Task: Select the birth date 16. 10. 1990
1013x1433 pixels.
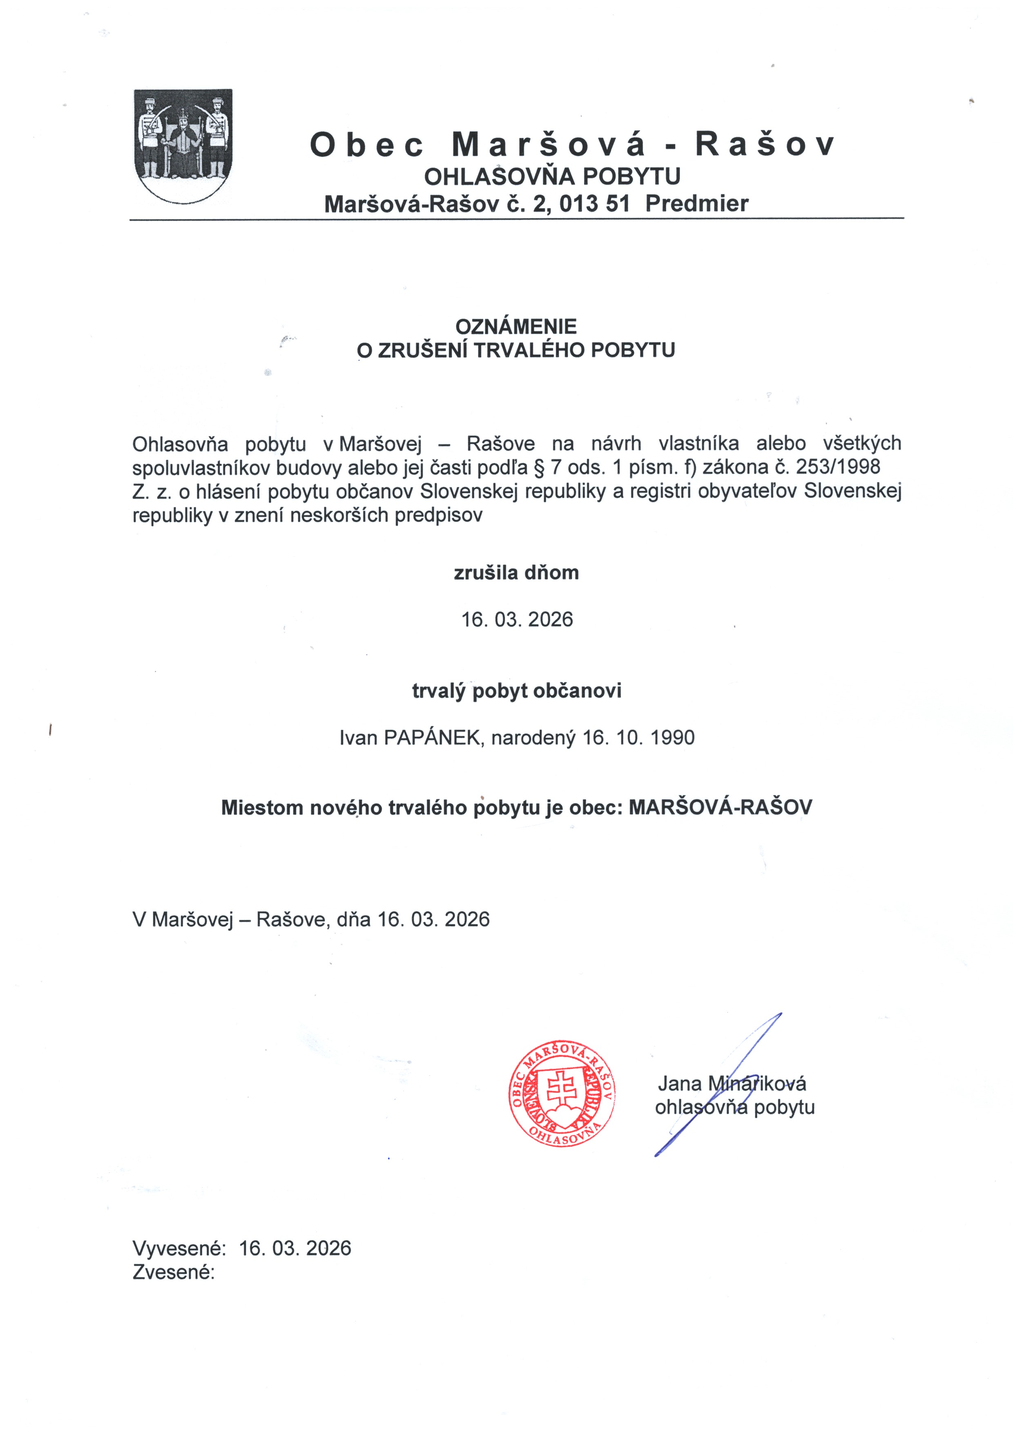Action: (638, 738)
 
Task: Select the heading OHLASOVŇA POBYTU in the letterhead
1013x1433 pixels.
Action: (552, 177)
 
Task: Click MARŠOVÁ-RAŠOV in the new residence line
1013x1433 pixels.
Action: (720, 808)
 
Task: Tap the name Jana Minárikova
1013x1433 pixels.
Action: (732, 1083)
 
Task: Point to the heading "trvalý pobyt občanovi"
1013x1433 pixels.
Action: (516, 691)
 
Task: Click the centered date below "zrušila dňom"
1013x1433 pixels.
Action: (517, 620)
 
